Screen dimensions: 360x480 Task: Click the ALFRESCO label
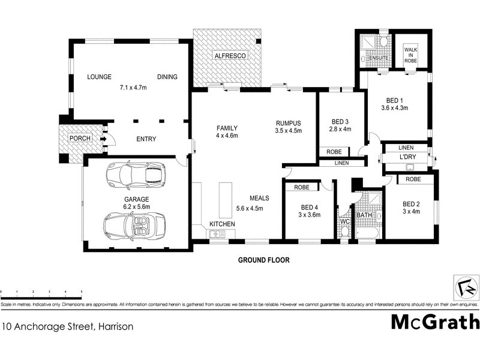pyautogui.click(x=227, y=56)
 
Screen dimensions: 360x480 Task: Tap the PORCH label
pyautogui.click(x=80, y=139)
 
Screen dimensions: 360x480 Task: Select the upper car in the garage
pyautogui.click(x=135, y=175)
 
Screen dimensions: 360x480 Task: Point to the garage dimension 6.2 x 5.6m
pyautogui.click(x=137, y=207)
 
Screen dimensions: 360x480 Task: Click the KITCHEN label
pyautogui.click(x=222, y=224)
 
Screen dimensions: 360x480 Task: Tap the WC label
pyautogui.click(x=344, y=221)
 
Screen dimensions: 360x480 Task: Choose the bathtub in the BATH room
pyautogui.click(x=367, y=232)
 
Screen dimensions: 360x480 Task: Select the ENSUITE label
pyautogui.click(x=379, y=58)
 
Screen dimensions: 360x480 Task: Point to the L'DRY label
pyautogui.click(x=408, y=158)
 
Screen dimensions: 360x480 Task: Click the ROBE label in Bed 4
pyautogui.click(x=302, y=187)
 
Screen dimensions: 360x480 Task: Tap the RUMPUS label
pyautogui.click(x=288, y=122)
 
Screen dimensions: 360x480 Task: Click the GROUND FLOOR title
pyautogui.click(x=264, y=260)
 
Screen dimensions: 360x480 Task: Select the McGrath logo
pyautogui.click(x=435, y=322)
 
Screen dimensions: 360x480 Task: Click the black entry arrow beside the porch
pyautogui.click(x=103, y=140)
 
